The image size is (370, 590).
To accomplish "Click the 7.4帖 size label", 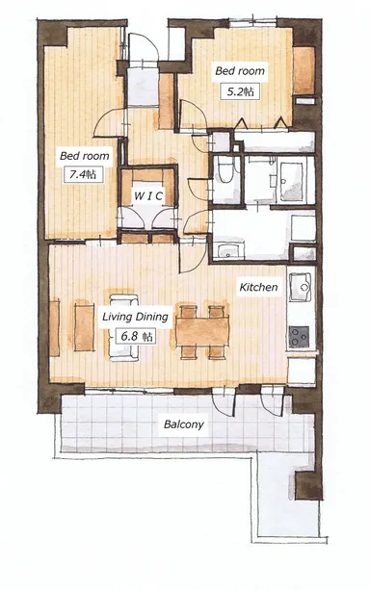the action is [83, 174].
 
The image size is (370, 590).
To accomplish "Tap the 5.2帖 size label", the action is [240, 91].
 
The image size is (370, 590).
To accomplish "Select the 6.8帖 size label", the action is [135, 336].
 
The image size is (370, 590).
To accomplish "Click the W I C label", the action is [148, 195].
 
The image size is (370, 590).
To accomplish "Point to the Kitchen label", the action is [258, 287].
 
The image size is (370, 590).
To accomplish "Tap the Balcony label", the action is [184, 424].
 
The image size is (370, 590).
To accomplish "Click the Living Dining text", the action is [135, 317].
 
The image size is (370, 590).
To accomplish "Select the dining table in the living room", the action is [202, 332].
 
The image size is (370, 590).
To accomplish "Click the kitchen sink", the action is [301, 287].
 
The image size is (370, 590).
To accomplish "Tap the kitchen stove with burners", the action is [300, 337].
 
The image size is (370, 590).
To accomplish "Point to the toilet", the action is [225, 170].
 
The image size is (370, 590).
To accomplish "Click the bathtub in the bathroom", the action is [291, 182].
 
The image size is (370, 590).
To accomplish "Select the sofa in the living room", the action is [123, 327].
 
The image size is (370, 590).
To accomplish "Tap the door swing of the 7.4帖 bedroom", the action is [108, 122].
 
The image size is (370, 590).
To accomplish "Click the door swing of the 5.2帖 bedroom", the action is [194, 115].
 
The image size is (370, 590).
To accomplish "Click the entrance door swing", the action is [144, 46].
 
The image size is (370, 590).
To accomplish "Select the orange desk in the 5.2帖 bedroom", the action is [304, 70].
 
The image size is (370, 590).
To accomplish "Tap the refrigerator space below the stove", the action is [302, 371].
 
